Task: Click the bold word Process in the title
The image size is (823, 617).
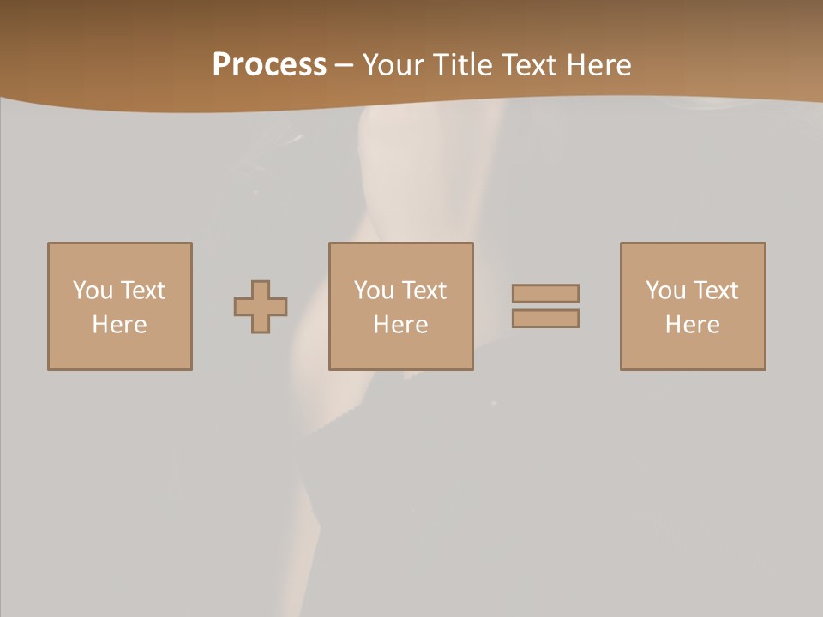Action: [269, 65]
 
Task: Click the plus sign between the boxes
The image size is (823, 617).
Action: [261, 307]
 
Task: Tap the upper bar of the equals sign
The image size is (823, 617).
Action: [545, 293]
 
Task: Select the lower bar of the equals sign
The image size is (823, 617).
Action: [545, 318]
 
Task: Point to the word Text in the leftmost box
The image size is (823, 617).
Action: [142, 291]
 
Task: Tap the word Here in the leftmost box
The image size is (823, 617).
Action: [119, 325]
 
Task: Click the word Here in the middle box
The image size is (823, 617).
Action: [400, 325]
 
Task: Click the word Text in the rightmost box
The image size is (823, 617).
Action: [715, 291]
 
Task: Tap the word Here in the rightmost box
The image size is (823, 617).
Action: [692, 325]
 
